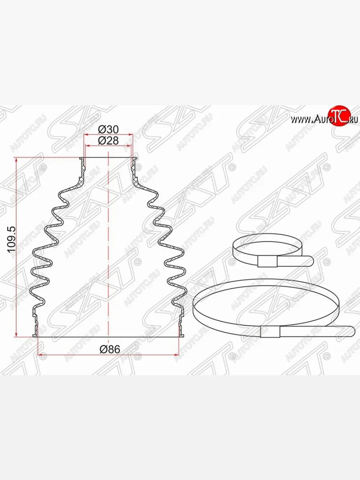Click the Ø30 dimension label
pos(108,130)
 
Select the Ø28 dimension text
pos(108,141)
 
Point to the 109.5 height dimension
pos(12,240)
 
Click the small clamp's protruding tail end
pos(310,261)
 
